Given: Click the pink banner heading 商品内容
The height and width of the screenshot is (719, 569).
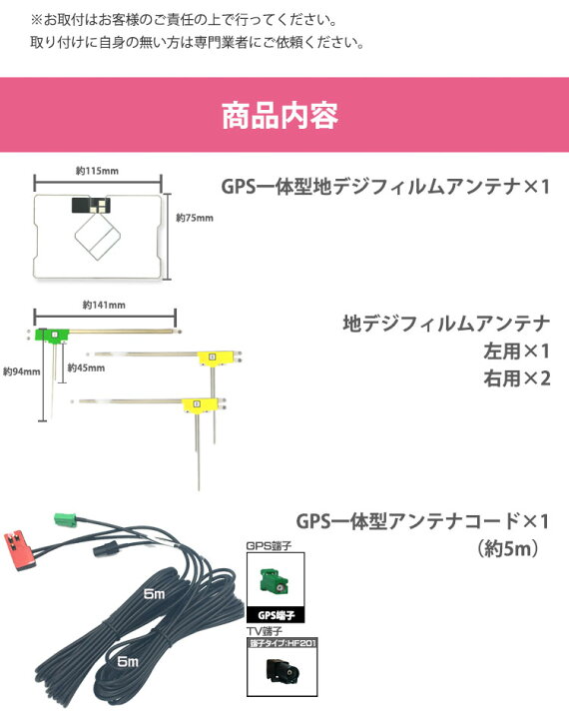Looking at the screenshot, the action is point(281,116).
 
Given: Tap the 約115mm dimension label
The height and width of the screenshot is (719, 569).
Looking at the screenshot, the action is point(97,171).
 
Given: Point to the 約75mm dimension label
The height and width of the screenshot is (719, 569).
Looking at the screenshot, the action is point(195,218).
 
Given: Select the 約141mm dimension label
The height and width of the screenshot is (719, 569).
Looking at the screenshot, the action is point(104,305).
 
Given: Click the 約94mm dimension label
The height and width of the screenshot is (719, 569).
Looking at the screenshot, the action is point(22,371).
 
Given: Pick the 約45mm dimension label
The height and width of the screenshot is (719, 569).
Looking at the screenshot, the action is point(86,367).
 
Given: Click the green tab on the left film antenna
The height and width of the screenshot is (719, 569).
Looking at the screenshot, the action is point(52,336).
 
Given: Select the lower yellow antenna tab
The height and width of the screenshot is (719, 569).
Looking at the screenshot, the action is point(200,404).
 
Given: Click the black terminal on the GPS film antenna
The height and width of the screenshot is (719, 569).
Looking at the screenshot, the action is point(91,205).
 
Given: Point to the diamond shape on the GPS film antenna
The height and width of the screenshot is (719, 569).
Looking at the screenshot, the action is point(98,237).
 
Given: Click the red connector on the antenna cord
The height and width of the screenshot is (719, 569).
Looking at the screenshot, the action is point(19,549).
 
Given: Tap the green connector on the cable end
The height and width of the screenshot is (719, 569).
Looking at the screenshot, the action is point(66,520).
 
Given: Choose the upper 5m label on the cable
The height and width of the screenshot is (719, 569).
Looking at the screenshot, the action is point(154,594).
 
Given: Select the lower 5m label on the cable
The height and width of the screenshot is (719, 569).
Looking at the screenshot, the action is point(128,661).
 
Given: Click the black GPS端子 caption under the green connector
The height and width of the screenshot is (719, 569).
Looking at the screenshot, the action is point(276,615).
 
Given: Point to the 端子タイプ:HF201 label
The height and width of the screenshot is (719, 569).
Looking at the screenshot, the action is point(283,643).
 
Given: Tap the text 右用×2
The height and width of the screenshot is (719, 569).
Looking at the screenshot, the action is point(517,378).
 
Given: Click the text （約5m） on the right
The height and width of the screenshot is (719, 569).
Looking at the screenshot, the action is point(508,549).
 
